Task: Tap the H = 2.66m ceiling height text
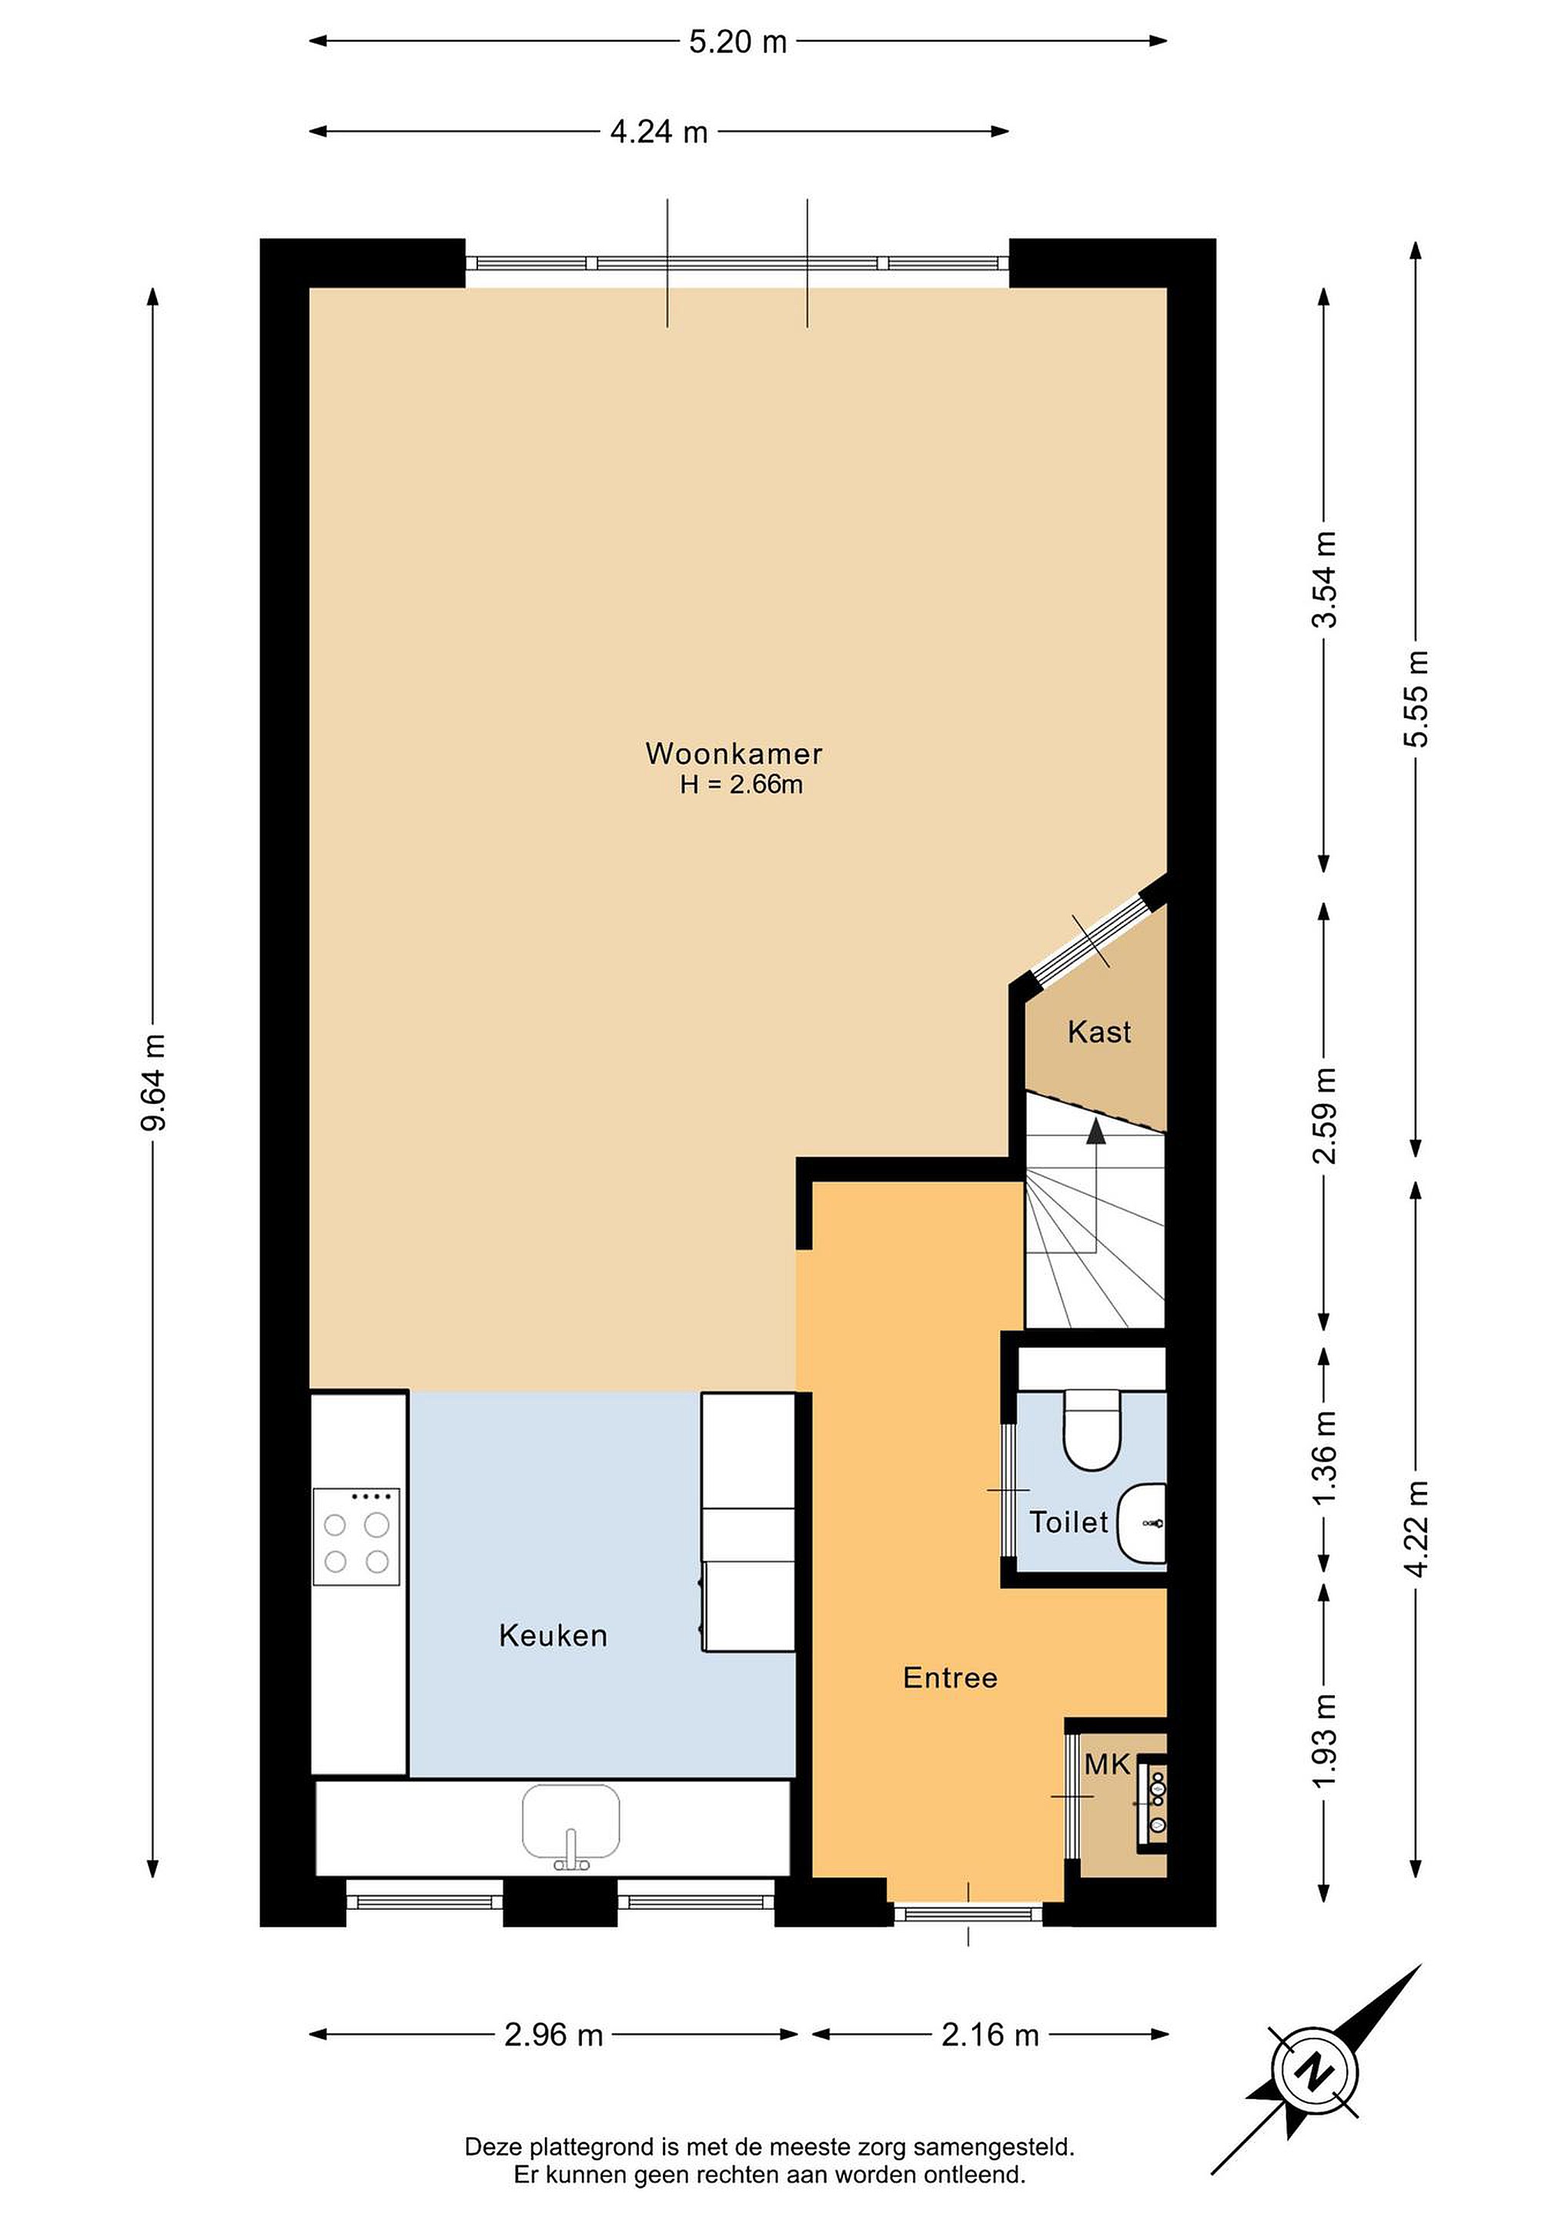(x=741, y=785)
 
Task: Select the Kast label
(x=1098, y=1032)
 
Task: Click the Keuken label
(x=553, y=1635)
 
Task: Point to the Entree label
(x=950, y=1677)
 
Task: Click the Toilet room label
(x=1069, y=1522)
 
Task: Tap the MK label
(x=1106, y=1764)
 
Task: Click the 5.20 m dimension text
(x=737, y=42)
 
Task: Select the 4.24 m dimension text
(x=660, y=132)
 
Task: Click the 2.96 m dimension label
(x=553, y=2035)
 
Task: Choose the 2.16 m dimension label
(x=990, y=2035)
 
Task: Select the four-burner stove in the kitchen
(x=356, y=1537)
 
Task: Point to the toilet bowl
(x=1091, y=1428)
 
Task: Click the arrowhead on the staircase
(x=1096, y=1132)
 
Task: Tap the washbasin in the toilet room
(x=1142, y=1523)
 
